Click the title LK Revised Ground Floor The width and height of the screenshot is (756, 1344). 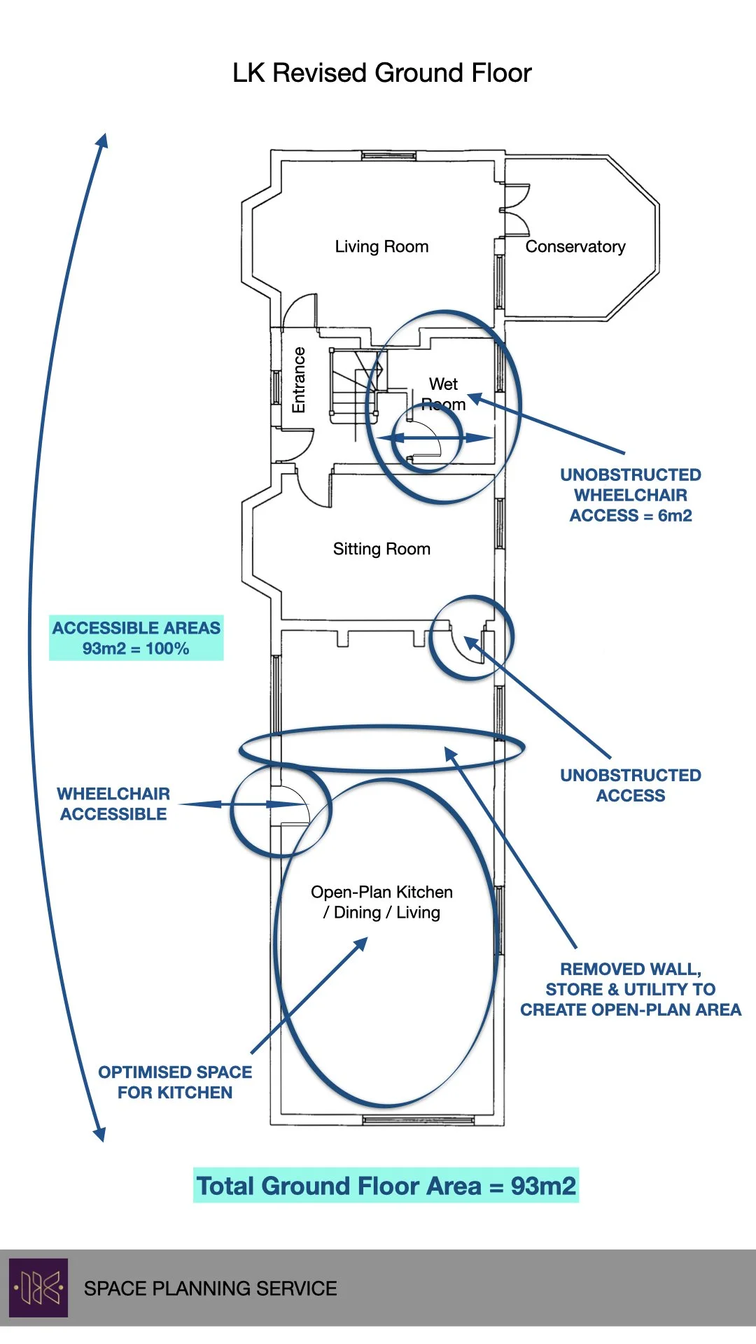381,73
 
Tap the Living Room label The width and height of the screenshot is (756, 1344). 381,246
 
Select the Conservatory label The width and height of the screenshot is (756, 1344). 575,246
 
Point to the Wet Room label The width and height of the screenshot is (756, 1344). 443,393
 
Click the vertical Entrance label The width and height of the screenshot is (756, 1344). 299,380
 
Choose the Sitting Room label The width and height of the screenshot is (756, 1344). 381,549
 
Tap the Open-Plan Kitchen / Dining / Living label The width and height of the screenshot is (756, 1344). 381,902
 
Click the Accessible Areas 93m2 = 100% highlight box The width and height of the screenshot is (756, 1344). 136,638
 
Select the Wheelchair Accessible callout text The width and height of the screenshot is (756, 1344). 113,804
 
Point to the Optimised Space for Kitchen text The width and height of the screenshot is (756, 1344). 175,1082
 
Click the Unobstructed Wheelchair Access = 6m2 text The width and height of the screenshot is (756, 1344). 631,495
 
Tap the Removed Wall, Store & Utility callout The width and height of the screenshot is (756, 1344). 630,989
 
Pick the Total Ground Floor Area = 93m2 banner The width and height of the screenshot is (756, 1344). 386,1186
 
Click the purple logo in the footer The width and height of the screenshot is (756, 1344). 38,1288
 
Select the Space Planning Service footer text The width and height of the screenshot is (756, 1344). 210,1289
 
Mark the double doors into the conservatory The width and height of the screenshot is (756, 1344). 515,209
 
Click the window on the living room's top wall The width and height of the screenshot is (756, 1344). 388,155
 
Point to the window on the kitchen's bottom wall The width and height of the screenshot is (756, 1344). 419,1121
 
